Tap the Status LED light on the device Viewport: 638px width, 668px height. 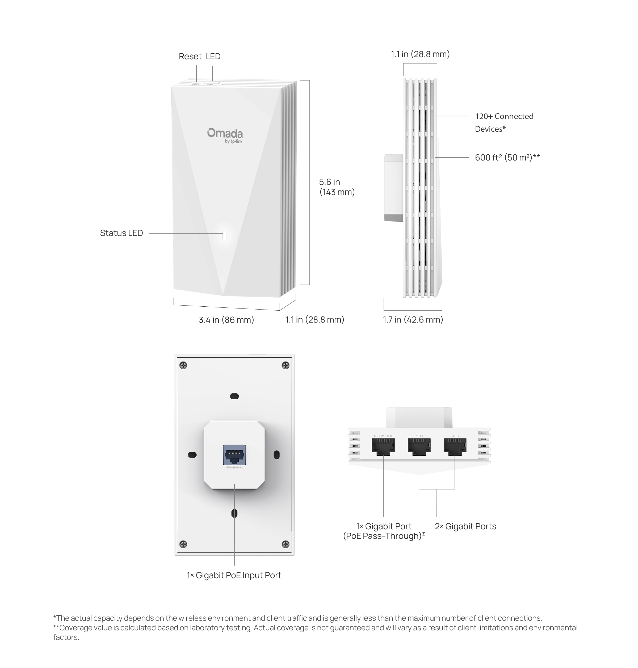click(224, 235)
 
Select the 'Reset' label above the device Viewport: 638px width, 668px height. click(190, 56)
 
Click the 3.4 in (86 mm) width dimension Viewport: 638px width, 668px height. click(226, 320)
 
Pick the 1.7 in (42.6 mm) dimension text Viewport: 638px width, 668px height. click(413, 320)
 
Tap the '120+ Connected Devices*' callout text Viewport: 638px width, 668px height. click(504, 122)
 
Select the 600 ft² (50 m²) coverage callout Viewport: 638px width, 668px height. click(507, 157)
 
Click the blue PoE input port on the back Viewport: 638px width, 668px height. click(234, 455)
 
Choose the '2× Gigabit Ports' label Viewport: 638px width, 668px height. click(465, 527)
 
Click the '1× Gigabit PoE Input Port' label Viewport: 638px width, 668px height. click(234, 575)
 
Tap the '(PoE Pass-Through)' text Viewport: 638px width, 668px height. click(382, 536)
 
